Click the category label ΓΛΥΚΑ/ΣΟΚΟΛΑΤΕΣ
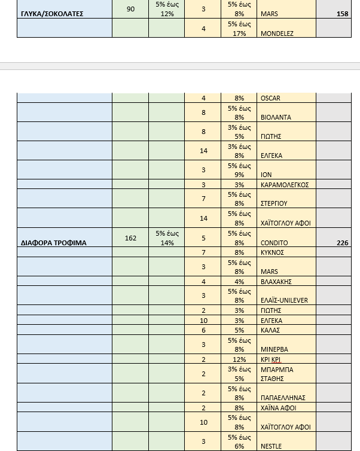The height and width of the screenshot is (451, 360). pos(53,14)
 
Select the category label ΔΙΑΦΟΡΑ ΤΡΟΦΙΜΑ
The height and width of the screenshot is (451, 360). pos(54,243)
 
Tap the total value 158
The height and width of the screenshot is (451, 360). pos(343,14)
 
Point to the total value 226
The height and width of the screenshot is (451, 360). pos(343,243)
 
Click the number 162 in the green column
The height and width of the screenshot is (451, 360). pos(131,238)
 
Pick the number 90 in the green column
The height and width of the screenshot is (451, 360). pos(131,9)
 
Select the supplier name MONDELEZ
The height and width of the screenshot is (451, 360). pos(277,33)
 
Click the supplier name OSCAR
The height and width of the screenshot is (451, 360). pos(270,98)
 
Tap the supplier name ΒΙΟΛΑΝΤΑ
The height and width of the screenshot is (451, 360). pos(276,117)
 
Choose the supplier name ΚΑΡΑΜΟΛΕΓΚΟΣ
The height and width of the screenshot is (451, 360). pos(285,185)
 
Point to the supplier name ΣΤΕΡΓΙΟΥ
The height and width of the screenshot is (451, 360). pos(275,204)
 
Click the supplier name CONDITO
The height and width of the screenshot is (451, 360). pos(274,243)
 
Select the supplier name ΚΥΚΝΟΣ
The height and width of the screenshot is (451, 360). pos(273,252)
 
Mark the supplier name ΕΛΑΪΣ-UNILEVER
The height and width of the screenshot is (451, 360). pos(285,300)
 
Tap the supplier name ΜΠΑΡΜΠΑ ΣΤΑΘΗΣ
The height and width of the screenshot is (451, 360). pos(277,374)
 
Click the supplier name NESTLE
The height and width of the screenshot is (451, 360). pos(271,446)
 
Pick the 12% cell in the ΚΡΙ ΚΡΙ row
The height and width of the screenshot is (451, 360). pos(239,359)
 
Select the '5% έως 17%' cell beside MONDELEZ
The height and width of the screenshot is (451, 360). pos(239,28)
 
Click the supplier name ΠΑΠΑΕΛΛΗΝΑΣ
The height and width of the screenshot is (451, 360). pos(283,397)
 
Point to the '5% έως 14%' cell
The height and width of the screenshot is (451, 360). pos(167,237)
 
